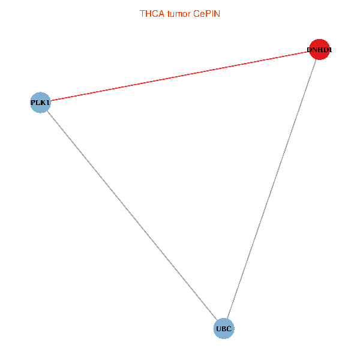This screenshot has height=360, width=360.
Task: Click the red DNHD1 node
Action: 319,49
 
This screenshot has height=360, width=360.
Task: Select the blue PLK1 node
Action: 40,103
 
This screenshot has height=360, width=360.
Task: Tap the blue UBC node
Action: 224,329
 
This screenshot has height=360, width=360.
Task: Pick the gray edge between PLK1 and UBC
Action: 132,215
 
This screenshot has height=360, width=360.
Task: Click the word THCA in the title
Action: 152,14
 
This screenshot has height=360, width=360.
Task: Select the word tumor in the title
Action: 179,14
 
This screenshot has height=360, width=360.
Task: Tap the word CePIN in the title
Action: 206,14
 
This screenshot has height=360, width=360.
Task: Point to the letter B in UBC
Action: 224,329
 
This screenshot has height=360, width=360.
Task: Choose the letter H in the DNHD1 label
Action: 319,50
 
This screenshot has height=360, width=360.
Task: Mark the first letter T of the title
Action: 142,14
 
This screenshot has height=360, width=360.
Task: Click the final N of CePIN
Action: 217,14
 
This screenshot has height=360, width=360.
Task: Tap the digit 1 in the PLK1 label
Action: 47,103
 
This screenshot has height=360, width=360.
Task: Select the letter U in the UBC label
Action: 219,329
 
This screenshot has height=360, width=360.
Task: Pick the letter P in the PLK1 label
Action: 33,103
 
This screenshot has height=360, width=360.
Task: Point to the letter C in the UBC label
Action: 229,329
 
